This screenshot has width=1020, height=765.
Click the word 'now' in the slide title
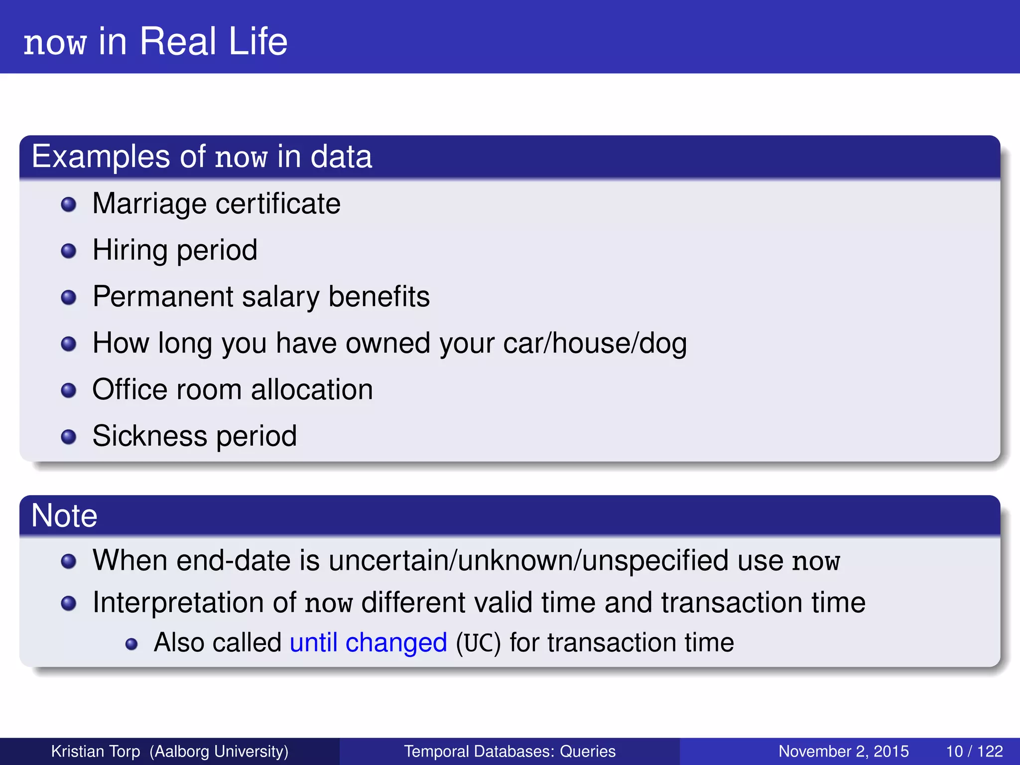[x=55, y=43]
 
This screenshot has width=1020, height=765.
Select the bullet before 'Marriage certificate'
[x=68, y=205]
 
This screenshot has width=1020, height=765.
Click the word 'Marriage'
[x=149, y=204]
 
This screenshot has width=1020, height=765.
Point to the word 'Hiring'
[x=130, y=250]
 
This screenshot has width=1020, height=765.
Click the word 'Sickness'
[x=149, y=436]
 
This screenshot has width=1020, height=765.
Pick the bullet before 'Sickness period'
[x=68, y=437]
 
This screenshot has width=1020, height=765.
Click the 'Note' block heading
[x=64, y=515]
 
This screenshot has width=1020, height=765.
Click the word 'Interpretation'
[x=194, y=603]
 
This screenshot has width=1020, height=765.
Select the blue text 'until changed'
[x=368, y=643]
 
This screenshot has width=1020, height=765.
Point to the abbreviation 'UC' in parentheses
[x=478, y=643]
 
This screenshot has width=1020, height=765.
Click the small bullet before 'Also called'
[x=131, y=644]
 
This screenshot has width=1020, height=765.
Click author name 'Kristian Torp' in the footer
[x=96, y=751]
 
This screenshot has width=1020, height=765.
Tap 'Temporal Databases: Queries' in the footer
[x=510, y=751]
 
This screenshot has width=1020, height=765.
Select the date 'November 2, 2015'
[x=843, y=751]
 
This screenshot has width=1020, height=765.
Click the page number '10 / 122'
[x=974, y=751]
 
